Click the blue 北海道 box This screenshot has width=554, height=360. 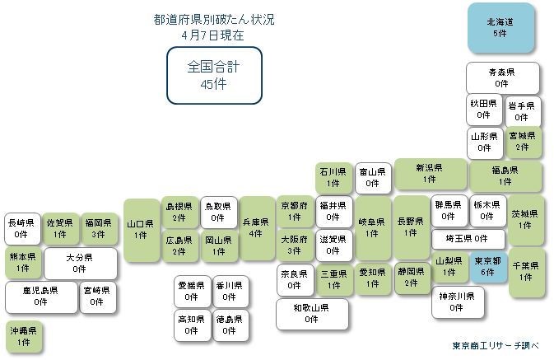pos(500,28)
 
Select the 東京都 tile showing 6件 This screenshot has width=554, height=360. pos(488,267)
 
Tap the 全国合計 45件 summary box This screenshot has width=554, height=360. pos(214,75)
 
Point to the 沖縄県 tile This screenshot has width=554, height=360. pos(23,336)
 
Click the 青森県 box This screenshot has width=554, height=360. pos(502,77)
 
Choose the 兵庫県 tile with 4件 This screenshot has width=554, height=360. pos(257,228)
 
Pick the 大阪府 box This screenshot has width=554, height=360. pos(295,245)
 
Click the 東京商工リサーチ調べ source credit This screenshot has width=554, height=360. pos(496,345)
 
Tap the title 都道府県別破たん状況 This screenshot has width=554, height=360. pos(214,20)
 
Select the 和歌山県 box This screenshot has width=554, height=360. pos(312,314)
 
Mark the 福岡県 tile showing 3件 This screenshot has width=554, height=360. pos(99,228)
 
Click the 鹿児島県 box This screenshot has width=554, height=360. pos(41,297)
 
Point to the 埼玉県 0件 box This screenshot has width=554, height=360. pos(468,239)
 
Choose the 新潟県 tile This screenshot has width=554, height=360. pos(430,173)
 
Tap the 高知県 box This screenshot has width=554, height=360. pos(192,325)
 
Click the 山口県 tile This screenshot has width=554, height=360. pos(142,230)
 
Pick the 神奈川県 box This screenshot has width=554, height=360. pos(458,302)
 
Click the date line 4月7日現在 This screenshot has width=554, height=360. pos(212,35)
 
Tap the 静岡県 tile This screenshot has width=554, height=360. pos(412,278)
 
